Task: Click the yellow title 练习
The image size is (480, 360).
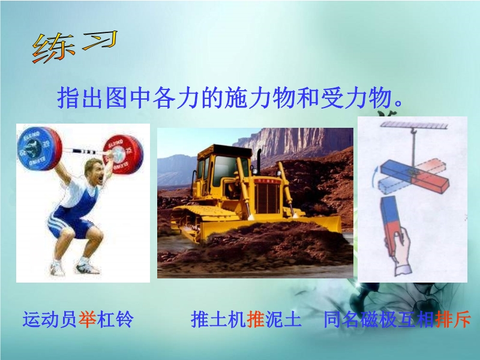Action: click(75, 47)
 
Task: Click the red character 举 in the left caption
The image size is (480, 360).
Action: click(88, 319)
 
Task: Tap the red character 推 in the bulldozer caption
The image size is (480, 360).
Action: click(256, 319)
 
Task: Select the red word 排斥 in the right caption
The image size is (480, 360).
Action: click(452, 319)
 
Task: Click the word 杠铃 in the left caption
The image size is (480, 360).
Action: click(115, 319)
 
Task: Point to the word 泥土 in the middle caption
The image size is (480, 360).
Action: click(283, 319)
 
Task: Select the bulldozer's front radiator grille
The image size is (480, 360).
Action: click(268, 198)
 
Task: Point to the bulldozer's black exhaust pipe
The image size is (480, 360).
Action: click(259, 161)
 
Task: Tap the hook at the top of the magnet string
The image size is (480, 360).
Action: click(413, 131)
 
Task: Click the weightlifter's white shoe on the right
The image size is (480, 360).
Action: click(88, 266)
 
